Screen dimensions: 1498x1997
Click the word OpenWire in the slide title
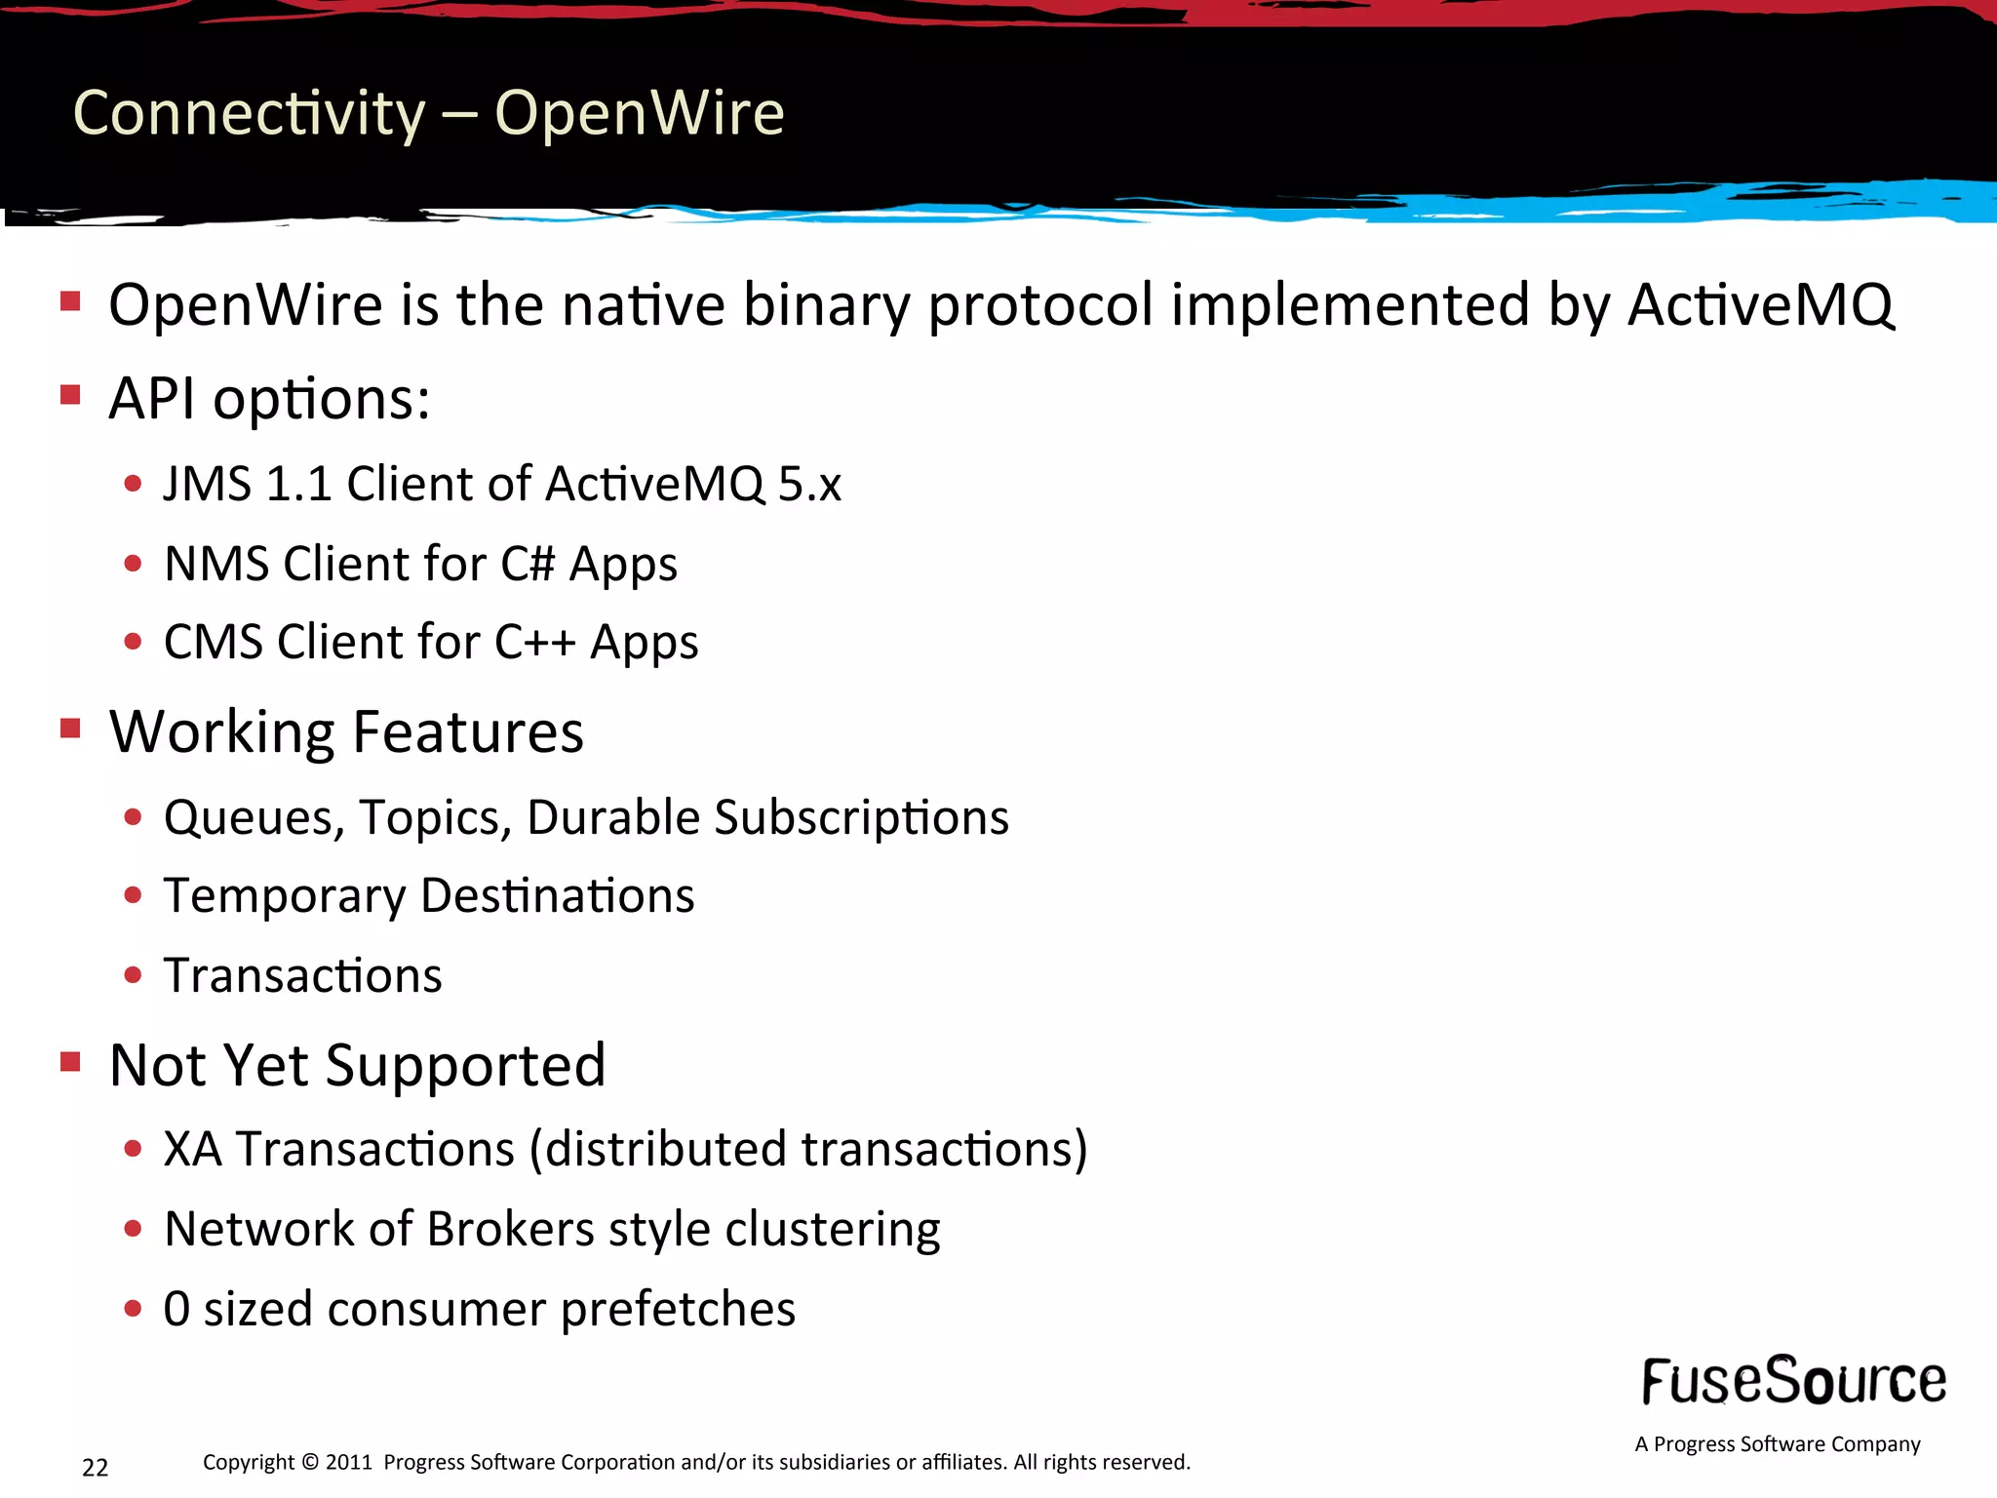click(x=639, y=113)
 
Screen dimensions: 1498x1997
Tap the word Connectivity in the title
click(x=250, y=114)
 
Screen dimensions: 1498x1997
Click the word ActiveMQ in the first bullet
click(x=1760, y=304)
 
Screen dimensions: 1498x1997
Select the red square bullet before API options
click(x=70, y=395)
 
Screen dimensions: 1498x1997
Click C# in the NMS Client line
click(x=528, y=564)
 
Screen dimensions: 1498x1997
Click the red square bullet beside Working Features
click(x=70, y=729)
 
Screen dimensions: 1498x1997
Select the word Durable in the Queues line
click(x=613, y=817)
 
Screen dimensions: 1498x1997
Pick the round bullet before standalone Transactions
click(x=134, y=975)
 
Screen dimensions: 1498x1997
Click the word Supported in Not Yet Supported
click(x=465, y=1065)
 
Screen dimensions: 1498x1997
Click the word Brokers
click(x=510, y=1229)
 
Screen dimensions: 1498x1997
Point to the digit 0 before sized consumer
click(x=176, y=1309)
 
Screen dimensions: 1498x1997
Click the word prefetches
click(x=678, y=1309)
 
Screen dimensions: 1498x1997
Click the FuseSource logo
click(x=1793, y=1381)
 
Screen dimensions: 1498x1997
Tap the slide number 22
click(x=96, y=1468)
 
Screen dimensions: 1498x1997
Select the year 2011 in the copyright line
click(x=348, y=1462)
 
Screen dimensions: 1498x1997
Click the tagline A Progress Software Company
click(x=1777, y=1444)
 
